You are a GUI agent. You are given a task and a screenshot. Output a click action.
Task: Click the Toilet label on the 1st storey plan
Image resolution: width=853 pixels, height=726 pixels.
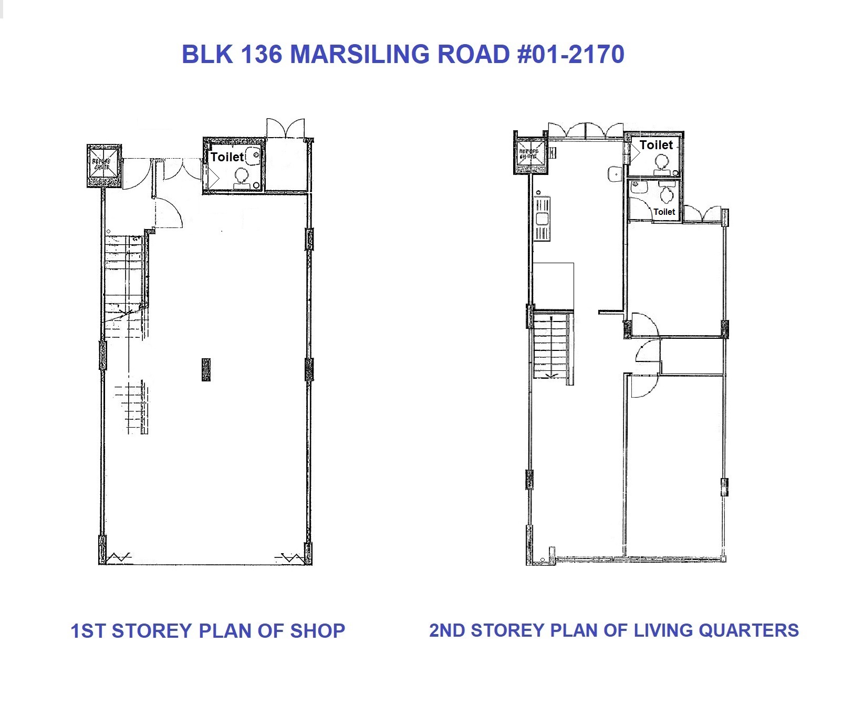(227, 157)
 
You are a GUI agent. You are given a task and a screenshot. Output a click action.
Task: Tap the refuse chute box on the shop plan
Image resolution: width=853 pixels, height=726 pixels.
(103, 165)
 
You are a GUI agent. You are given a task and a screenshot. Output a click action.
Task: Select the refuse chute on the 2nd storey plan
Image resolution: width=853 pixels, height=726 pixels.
(529, 153)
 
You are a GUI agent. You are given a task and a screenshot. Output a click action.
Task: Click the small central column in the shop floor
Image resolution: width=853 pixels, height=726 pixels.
(206, 369)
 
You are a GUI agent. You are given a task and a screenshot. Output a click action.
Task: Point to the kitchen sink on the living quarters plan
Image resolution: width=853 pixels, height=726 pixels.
(542, 219)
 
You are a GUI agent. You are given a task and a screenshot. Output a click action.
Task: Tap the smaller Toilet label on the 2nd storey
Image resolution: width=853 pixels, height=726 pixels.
(664, 212)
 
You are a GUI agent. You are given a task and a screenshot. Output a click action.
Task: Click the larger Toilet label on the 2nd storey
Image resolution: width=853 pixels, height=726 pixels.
(656, 145)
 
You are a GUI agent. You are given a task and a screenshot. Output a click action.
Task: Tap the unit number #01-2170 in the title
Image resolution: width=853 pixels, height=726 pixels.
(571, 54)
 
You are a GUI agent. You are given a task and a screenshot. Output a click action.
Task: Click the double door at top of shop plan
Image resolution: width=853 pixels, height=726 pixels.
(285, 129)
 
